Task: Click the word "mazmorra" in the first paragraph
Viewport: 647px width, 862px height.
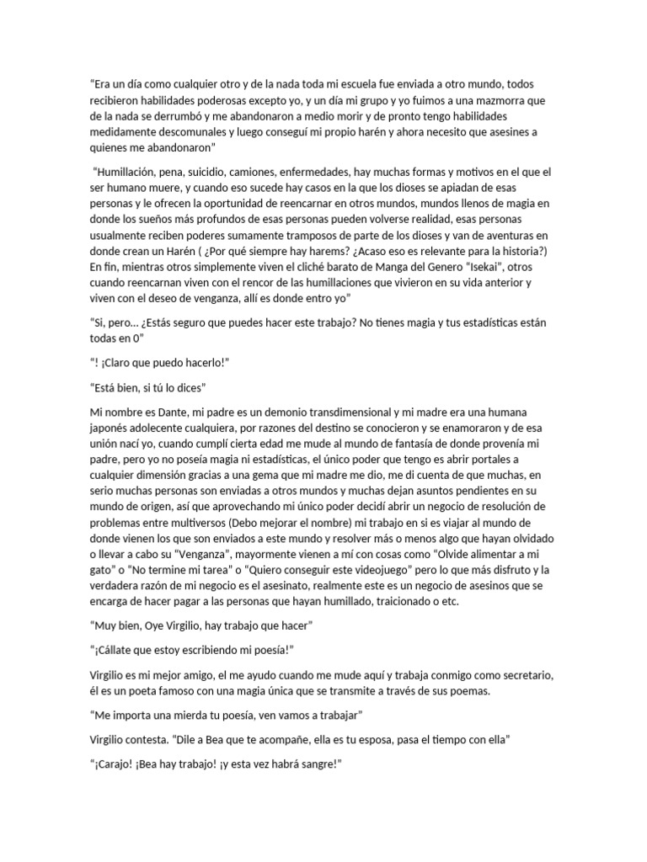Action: pyautogui.click(x=505, y=101)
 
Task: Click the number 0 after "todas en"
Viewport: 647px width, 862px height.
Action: pyautogui.click(x=140, y=337)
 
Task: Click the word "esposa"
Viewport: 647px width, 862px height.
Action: pyautogui.click(x=414, y=739)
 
